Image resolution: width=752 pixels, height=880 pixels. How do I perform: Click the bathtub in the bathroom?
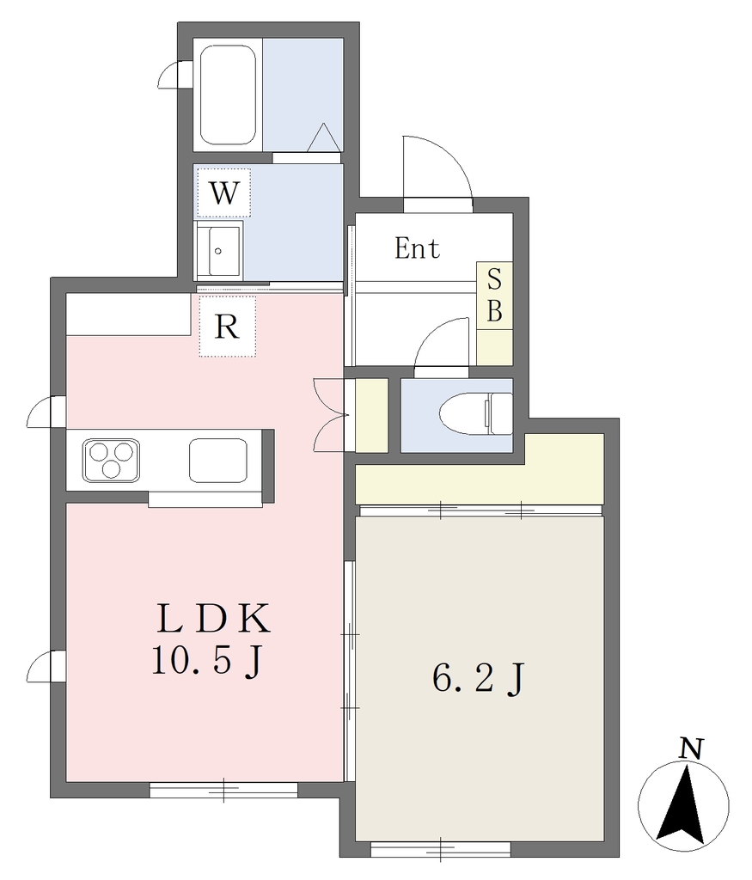point(229,95)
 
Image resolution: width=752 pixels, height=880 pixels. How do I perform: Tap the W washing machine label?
point(224,193)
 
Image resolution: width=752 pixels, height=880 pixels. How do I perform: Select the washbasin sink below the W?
point(218,250)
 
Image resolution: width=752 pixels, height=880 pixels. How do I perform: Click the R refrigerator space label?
point(227,326)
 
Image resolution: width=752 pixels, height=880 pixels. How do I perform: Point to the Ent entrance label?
point(417,248)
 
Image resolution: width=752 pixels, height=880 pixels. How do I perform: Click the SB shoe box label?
point(494,296)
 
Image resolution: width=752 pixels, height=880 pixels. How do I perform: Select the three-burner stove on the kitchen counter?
point(111,461)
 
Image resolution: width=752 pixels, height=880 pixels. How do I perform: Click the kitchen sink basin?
point(218,461)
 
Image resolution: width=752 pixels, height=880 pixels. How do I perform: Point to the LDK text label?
point(214,619)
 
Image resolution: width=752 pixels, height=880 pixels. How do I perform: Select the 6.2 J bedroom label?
point(478,679)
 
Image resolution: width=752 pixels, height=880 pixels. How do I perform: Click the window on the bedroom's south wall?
point(441,849)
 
